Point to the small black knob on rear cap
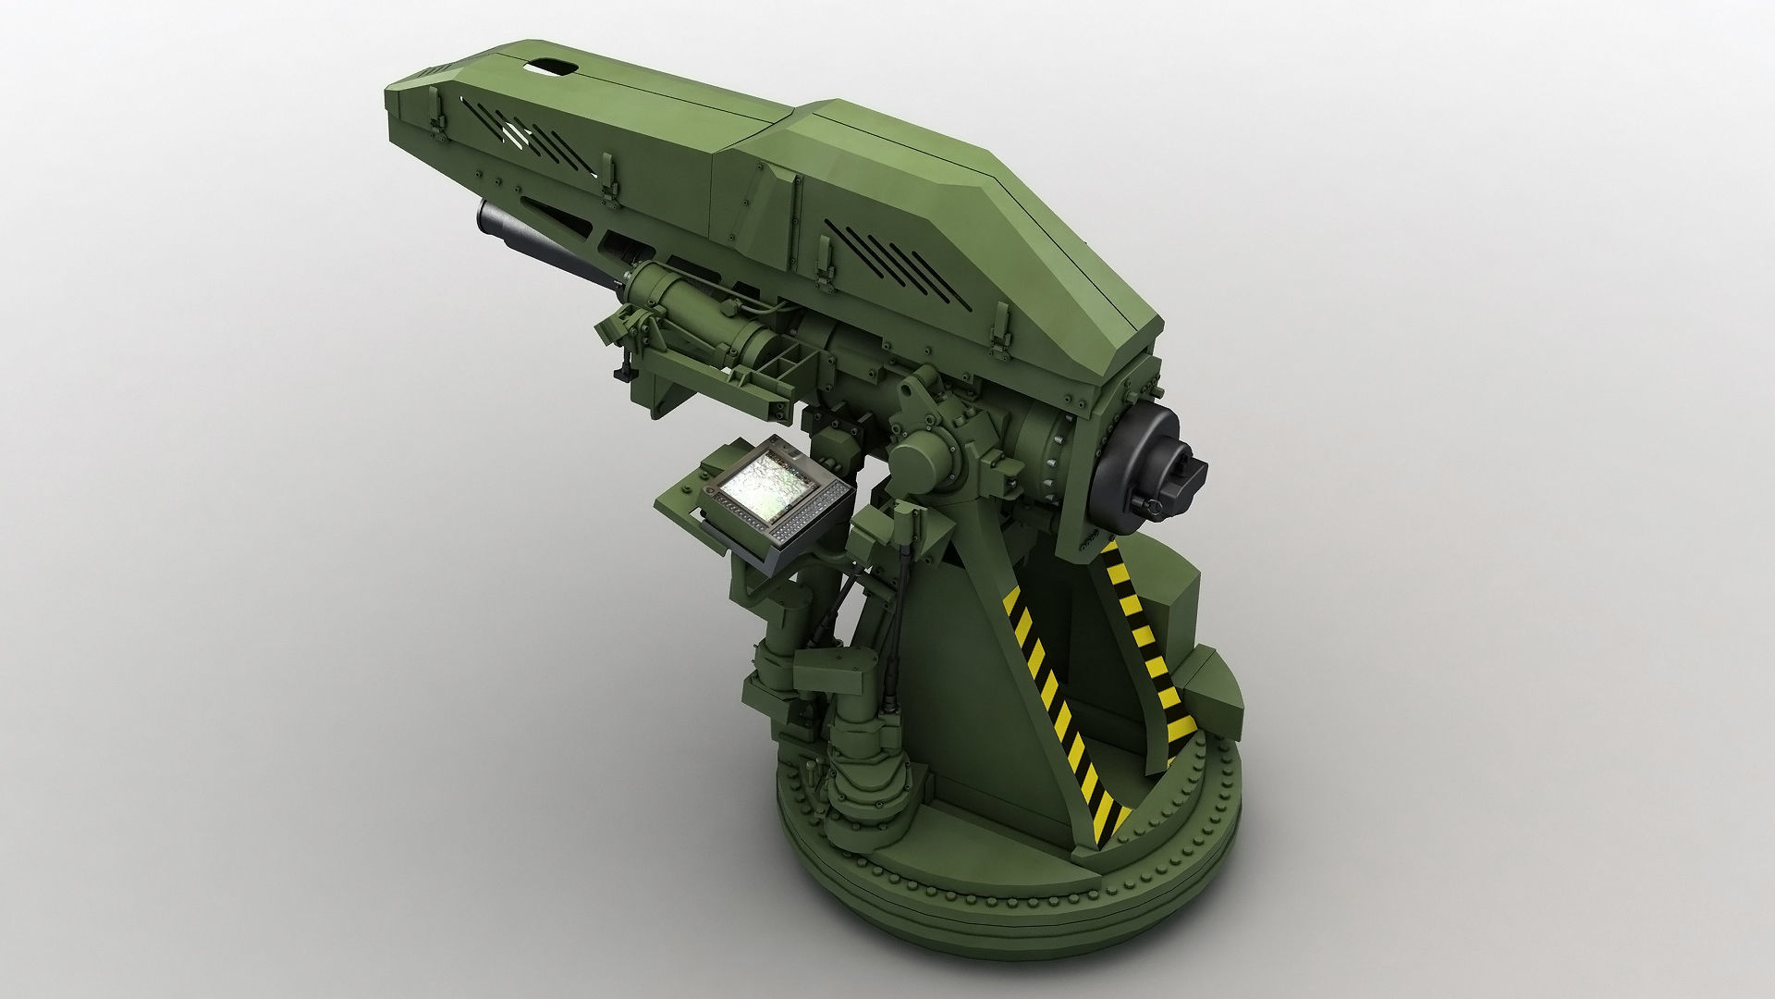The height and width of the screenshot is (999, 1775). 1152,505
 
